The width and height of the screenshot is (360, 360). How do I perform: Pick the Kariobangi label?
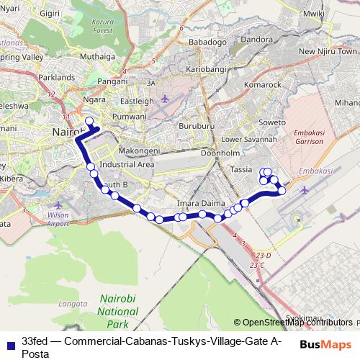point(207,69)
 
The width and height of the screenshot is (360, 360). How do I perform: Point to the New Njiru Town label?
point(328,52)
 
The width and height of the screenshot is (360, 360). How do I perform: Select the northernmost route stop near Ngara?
point(89,121)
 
